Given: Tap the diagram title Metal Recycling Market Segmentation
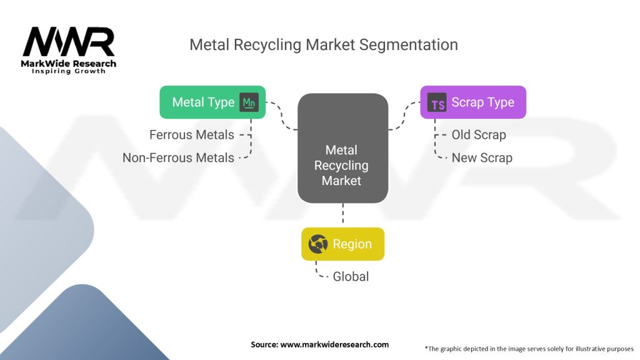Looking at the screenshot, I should [324, 45].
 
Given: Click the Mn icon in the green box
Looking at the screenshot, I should [249, 102].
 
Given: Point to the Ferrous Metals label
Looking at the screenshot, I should [192, 134].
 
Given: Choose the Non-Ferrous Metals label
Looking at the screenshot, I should [178, 157].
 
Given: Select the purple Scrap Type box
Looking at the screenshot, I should [472, 102].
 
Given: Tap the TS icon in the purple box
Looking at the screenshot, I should [437, 103].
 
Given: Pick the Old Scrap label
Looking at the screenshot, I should [479, 134].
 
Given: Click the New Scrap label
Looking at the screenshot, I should [482, 157].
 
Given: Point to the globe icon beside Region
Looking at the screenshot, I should [319, 244].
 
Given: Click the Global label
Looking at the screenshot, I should [351, 276].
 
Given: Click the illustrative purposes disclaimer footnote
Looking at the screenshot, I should [529, 348].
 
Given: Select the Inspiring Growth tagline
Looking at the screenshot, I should [69, 71].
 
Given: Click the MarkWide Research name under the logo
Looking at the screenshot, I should [69, 63].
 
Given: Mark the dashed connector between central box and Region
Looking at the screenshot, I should [342, 215].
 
